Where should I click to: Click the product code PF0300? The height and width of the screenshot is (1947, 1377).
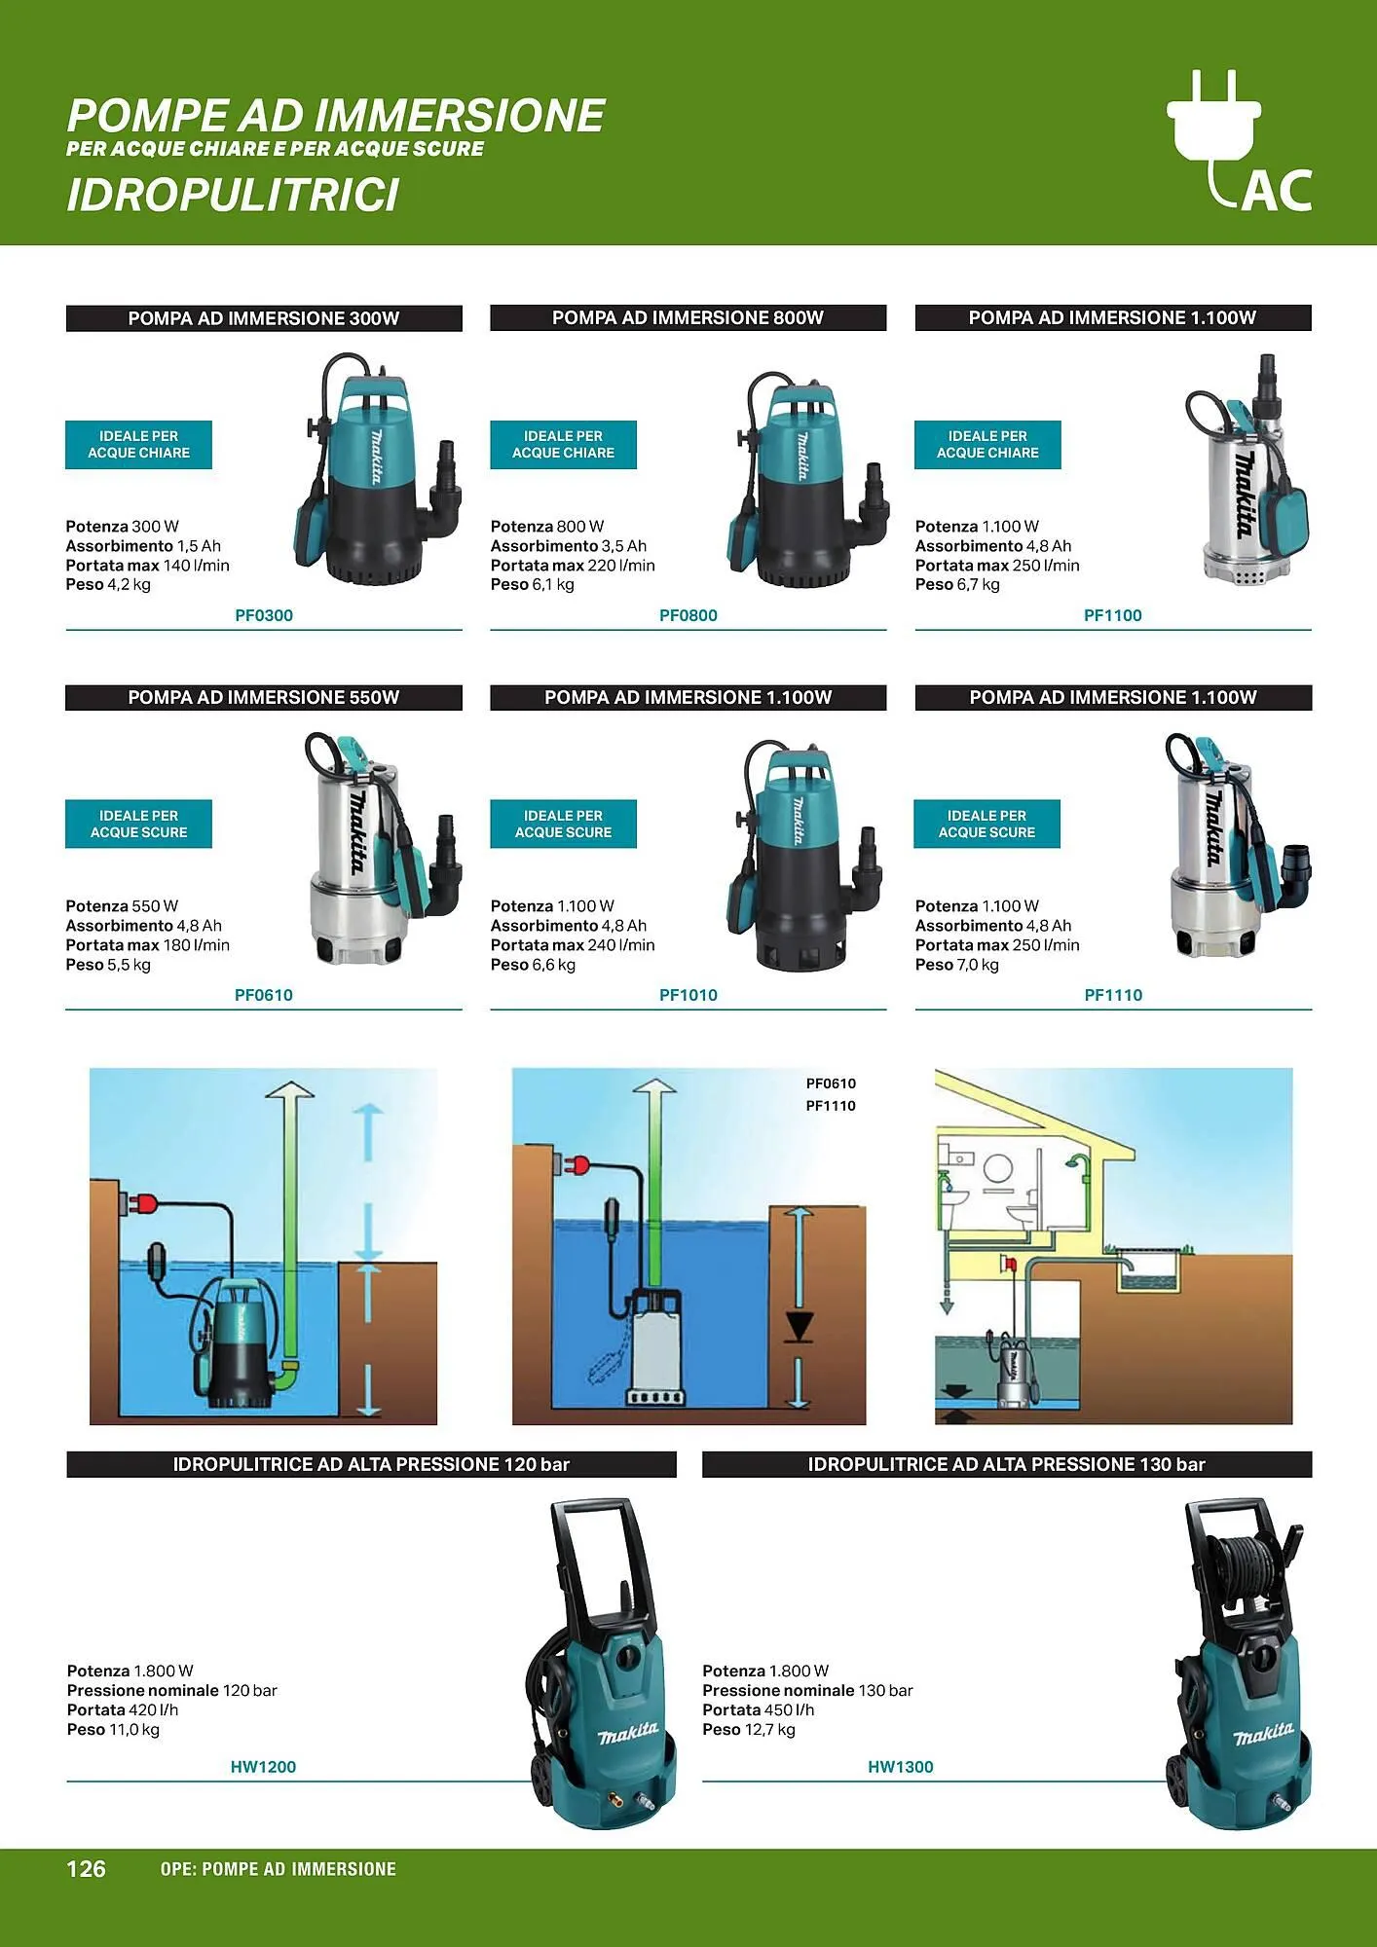coord(264,615)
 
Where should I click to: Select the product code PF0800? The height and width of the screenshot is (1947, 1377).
coord(688,615)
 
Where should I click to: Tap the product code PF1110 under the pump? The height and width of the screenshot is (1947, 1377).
coord(1113,995)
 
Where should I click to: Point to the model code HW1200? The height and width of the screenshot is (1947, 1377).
coord(263,1767)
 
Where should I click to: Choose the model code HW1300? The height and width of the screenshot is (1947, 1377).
coord(901,1767)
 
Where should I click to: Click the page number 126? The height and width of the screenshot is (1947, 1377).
coord(86,1868)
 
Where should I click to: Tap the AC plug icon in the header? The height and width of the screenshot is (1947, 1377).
coord(1239,141)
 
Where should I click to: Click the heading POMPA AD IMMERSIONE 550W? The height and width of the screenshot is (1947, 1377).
coord(264,698)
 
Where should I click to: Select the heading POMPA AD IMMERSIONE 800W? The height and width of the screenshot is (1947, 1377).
coord(688,318)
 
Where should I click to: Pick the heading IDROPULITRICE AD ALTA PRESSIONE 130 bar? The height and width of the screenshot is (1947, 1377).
coord(1007,1465)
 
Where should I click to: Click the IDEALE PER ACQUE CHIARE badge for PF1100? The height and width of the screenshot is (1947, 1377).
coord(987,445)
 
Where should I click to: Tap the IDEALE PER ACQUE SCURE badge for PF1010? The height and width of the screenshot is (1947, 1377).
coord(563,825)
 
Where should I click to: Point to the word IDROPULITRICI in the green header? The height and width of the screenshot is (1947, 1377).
coord(233,195)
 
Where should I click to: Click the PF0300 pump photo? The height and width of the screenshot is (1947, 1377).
coord(378,469)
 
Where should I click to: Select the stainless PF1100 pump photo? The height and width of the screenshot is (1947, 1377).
coord(1247,470)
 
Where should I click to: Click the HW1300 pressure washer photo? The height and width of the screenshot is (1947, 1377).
coord(1239,1663)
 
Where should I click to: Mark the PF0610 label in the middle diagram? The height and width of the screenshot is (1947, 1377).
coord(831,1084)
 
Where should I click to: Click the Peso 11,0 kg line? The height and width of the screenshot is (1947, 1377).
coord(113,1730)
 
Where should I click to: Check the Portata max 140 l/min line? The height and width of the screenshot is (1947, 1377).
coord(148,566)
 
